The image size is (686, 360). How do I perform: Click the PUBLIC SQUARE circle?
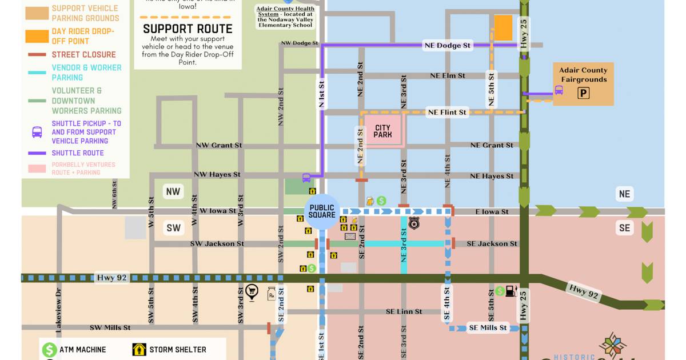pyautogui.click(x=322, y=211)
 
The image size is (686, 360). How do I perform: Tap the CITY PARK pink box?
pyautogui.click(x=382, y=131)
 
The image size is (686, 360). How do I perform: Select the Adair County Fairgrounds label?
pyautogui.click(x=583, y=75)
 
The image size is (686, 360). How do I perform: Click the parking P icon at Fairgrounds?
pyautogui.click(x=583, y=93)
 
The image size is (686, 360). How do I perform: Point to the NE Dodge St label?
pyautogui.click(x=448, y=45)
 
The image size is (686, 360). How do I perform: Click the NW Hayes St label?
pyautogui.click(x=217, y=174)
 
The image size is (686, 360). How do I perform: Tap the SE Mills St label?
pyautogui.click(x=488, y=327)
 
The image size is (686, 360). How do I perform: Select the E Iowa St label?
pyautogui.click(x=492, y=211)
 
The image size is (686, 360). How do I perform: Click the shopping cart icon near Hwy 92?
pyautogui.click(x=252, y=293)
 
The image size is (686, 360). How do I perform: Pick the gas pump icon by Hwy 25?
pyautogui.click(x=510, y=291)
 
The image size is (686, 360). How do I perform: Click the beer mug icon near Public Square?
pyautogui.click(x=370, y=201)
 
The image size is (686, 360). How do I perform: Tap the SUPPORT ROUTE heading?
pyautogui.click(x=188, y=29)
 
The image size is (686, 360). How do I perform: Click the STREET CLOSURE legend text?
pyautogui.click(x=83, y=54)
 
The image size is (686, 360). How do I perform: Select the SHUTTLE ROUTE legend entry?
pyautogui.click(x=78, y=153)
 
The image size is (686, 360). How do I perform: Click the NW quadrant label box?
pyautogui.click(x=173, y=191)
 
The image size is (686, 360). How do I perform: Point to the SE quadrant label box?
pyautogui.click(x=624, y=228)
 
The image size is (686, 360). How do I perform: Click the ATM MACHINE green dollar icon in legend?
pyautogui.click(x=50, y=349)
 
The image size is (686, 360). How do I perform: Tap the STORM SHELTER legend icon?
pyautogui.click(x=139, y=349)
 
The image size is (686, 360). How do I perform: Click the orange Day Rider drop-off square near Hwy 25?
pyautogui.click(x=503, y=27)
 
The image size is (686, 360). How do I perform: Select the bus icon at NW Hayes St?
pyautogui.click(x=306, y=177)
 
